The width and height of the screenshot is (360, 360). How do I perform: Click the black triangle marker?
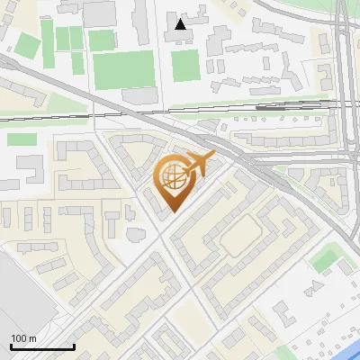pyautogui.click(x=182, y=24)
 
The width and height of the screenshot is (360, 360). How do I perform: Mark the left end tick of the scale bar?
pyautogui.click(x=11, y=346)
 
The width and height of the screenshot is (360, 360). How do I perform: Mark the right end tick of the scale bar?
pyautogui.click(x=74, y=346)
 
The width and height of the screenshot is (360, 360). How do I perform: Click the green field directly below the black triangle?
pyautogui.click(x=185, y=65)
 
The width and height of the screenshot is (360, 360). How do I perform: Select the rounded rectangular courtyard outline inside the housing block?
pyautogui.click(x=241, y=236)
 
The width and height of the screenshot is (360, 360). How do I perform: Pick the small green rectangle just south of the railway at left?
pyautogui.click(x=22, y=139)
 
